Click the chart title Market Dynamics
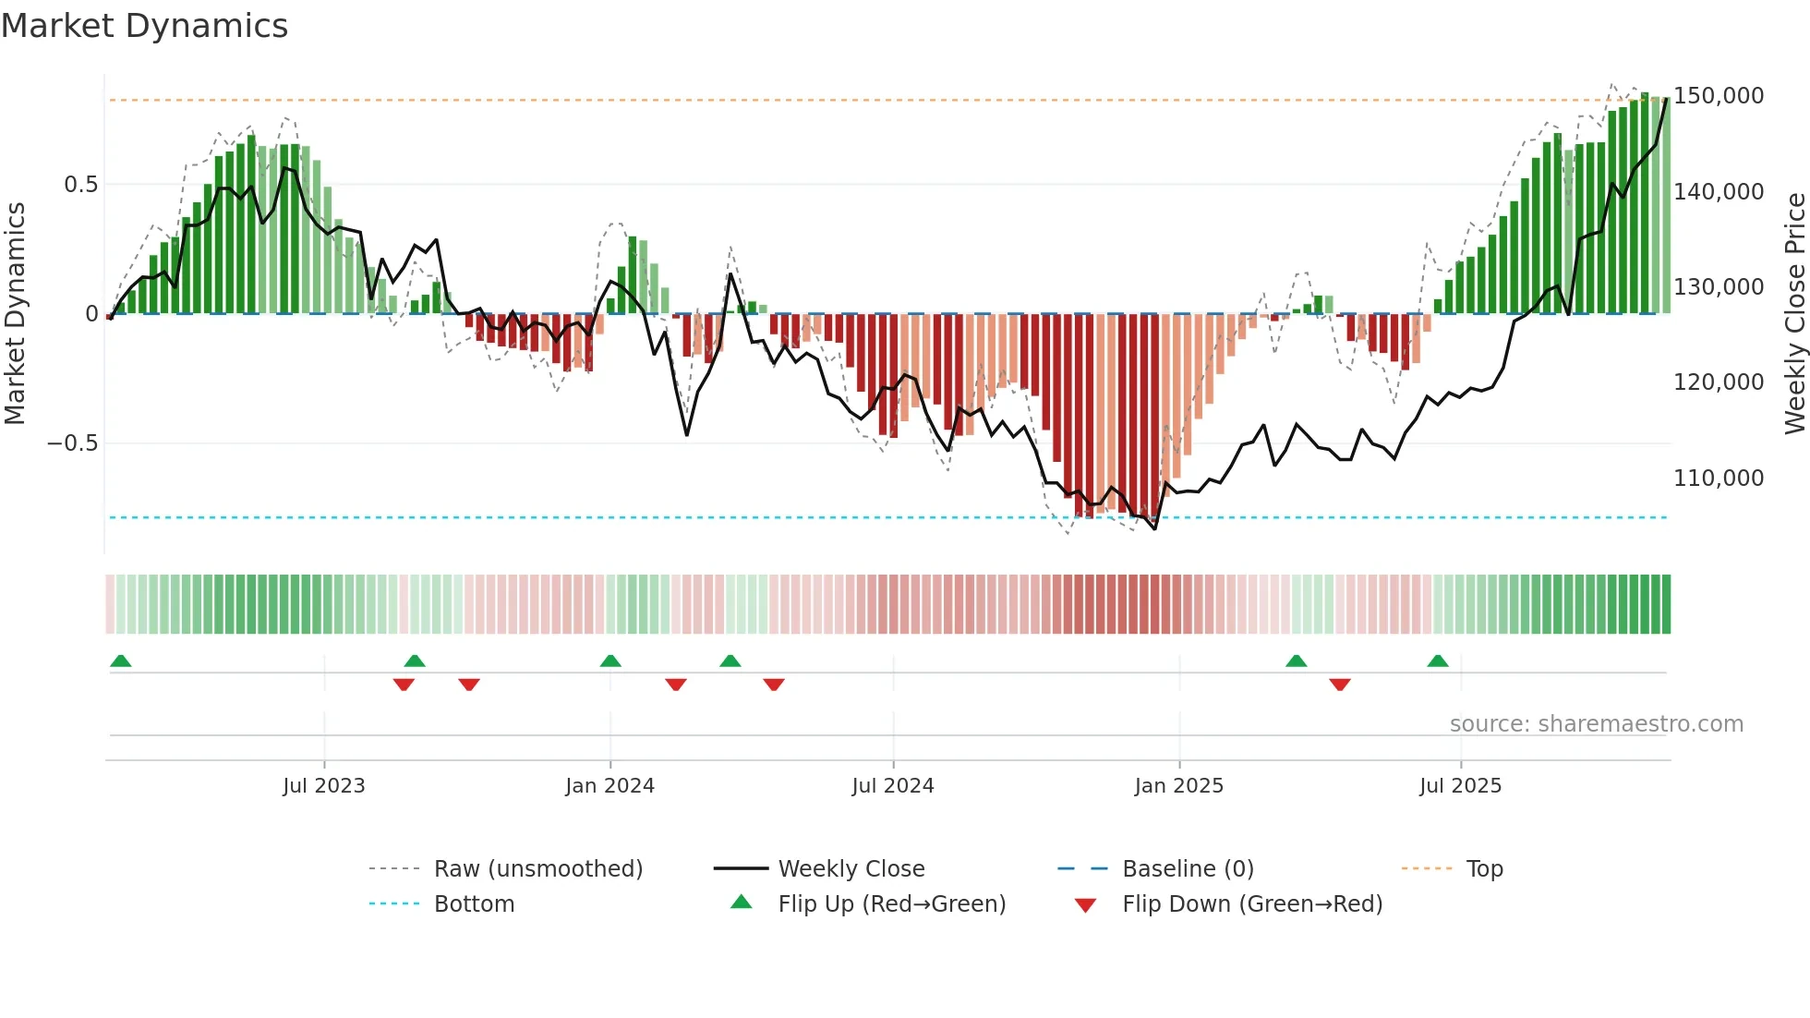point(144,26)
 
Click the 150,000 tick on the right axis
point(1718,96)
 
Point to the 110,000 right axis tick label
point(1718,479)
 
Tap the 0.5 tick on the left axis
point(80,185)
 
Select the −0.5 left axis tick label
point(73,443)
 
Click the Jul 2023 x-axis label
point(323,786)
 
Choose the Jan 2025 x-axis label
point(1178,786)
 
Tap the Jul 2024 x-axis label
point(892,786)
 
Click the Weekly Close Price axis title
point(1794,314)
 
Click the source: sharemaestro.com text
point(1596,724)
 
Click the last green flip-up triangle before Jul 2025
point(1437,661)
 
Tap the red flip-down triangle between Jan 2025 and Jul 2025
point(1339,685)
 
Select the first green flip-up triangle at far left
point(121,661)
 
